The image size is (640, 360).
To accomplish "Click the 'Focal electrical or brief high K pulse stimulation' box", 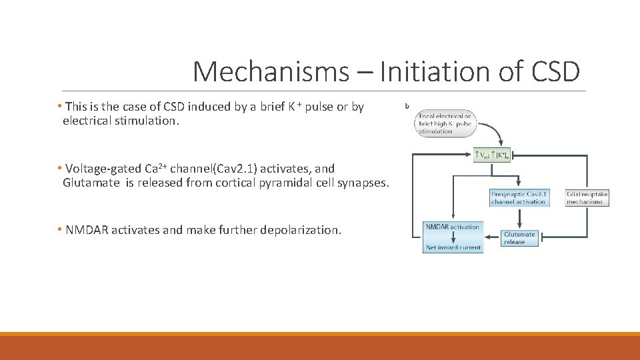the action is point(444,124).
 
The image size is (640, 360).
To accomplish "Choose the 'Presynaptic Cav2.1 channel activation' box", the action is point(518,198).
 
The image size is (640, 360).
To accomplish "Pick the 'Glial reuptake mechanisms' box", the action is point(587,198).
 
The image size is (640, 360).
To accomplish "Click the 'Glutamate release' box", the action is point(519,238).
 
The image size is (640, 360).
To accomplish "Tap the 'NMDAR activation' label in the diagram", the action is point(453,227).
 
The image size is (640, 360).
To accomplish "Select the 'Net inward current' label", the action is point(453,247).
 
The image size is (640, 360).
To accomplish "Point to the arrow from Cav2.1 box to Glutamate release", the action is point(519,218).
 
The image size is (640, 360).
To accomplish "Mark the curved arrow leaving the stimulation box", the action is point(492,131).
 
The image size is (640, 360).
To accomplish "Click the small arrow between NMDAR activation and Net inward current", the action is point(453,237).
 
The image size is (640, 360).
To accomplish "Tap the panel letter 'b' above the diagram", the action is point(408,105).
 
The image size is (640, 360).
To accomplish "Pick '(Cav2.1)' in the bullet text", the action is point(244,169).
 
